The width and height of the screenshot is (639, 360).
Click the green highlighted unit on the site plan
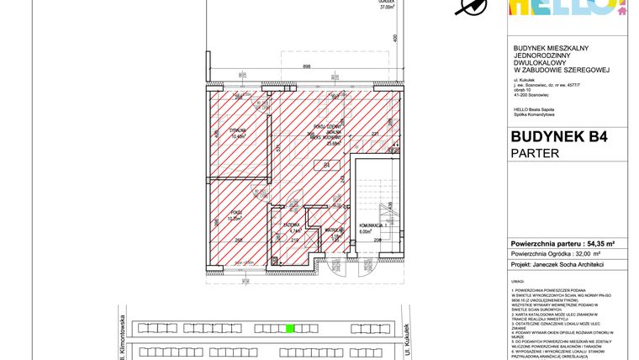coord(289,329)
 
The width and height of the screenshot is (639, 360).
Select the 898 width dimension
coord(309,67)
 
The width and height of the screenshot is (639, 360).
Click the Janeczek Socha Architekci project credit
coord(557,263)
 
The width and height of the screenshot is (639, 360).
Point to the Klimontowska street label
coord(122,336)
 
